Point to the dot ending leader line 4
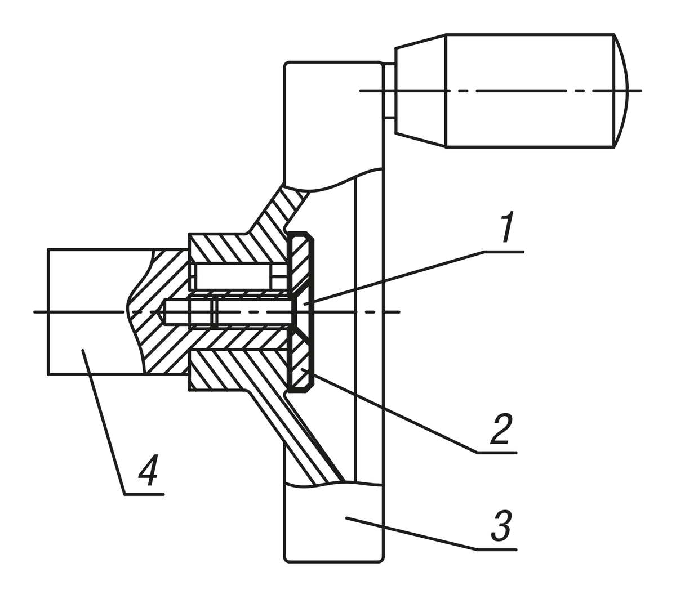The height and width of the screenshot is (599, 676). tap(83, 350)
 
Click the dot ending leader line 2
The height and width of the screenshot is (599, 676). tap(303, 369)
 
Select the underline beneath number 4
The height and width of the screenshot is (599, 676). tap(144, 494)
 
